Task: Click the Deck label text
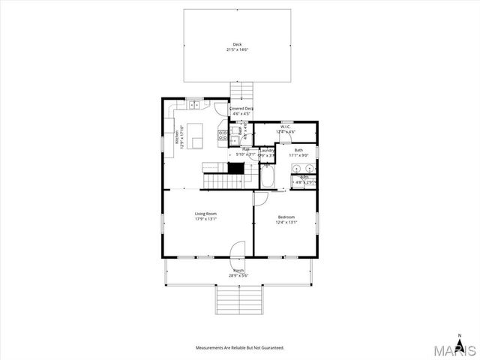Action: click(x=238, y=44)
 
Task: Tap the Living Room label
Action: click(x=205, y=214)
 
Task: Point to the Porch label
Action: click(x=238, y=270)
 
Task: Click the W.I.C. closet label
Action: click(x=286, y=127)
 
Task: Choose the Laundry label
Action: click(x=267, y=151)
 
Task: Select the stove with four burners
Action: click(x=223, y=135)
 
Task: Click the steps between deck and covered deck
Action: click(x=241, y=91)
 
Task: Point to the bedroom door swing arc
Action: click(x=260, y=198)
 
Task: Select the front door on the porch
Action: click(x=238, y=250)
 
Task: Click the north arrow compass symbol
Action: click(x=459, y=336)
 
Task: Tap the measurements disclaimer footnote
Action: click(x=240, y=348)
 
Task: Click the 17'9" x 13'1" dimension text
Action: click(x=205, y=220)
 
